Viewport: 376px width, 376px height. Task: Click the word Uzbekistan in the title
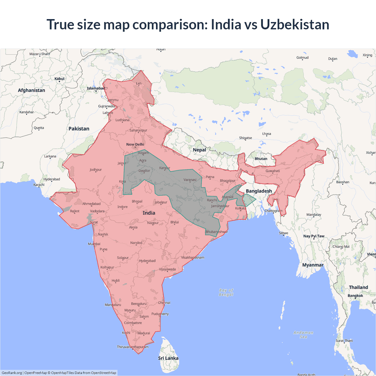(295, 24)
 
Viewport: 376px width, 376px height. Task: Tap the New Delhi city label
(135, 144)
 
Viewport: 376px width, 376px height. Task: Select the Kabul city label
(59, 79)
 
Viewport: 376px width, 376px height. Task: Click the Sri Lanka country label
(168, 358)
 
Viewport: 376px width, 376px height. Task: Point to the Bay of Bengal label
(226, 292)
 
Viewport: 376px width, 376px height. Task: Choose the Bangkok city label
(355, 296)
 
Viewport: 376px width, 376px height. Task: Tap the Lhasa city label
(266, 134)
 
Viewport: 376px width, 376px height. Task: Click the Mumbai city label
(94, 244)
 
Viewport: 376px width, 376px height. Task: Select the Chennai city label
(164, 303)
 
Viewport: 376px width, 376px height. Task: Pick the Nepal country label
(199, 150)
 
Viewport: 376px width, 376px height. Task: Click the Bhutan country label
(261, 159)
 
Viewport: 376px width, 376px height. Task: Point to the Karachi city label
(39, 185)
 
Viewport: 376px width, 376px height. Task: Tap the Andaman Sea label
(303, 335)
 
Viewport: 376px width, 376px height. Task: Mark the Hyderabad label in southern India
(147, 261)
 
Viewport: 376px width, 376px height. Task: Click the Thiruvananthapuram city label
(132, 347)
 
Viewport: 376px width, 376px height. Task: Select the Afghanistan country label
(31, 90)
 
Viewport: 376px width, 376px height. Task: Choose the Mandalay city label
(314, 214)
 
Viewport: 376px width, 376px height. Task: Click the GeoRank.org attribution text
(12, 373)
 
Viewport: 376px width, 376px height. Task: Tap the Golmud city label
(302, 58)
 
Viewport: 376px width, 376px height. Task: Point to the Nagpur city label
(153, 223)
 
